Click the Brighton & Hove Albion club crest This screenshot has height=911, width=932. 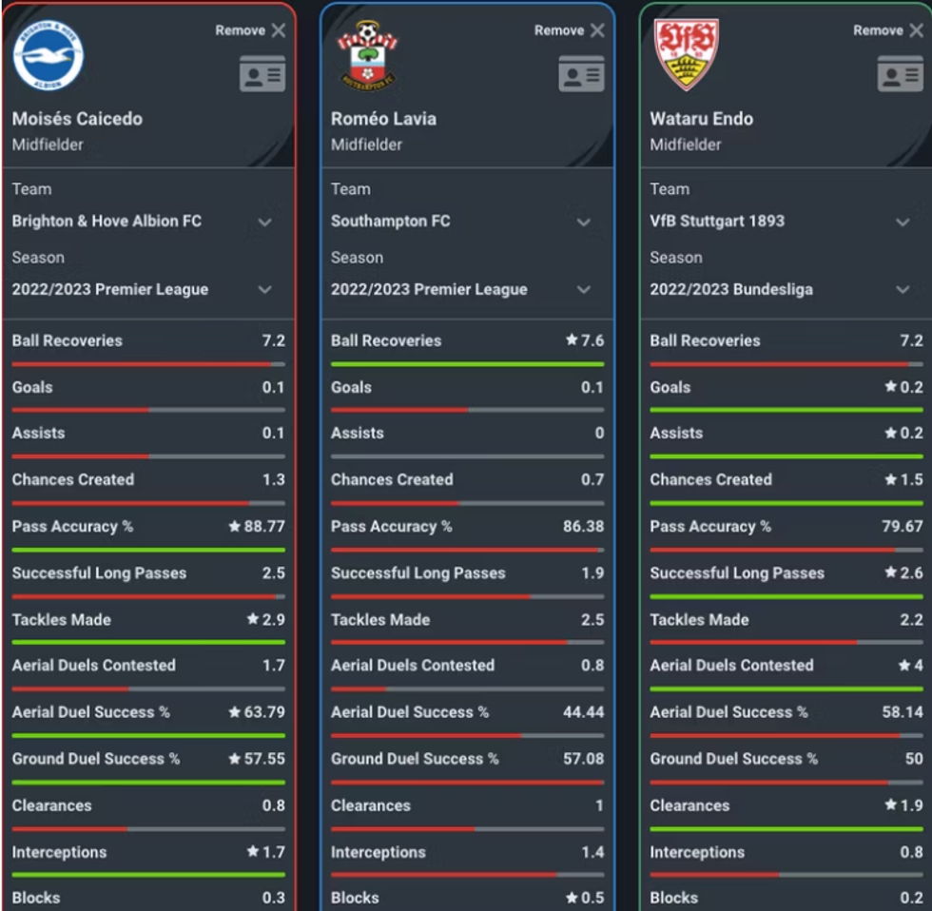pyautogui.click(x=49, y=56)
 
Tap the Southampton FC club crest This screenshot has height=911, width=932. pyautogui.click(x=367, y=56)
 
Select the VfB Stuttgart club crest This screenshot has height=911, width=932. pyautogui.click(x=686, y=54)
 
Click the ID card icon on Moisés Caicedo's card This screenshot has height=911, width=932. pyautogui.click(x=262, y=74)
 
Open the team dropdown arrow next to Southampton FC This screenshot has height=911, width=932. pyautogui.click(x=584, y=222)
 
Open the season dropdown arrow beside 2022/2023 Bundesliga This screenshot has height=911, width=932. pyautogui.click(x=903, y=290)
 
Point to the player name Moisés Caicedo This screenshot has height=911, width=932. pyautogui.click(x=77, y=119)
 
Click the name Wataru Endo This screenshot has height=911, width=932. pyautogui.click(x=701, y=119)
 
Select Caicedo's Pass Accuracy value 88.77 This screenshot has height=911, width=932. pyautogui.click(x=264, y=526)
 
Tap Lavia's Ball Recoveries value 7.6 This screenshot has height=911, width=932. pyautogui.click(x=592, y=340)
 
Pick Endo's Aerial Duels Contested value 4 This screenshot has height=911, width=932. pyautogui.click(x=918, y=665)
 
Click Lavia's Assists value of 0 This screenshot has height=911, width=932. pyautogui.click(x=599, y=433)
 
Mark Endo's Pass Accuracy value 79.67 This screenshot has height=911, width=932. pyautogui.click(x=903, y=526)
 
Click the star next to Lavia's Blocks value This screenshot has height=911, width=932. pyautogui.click(x=572, y=898)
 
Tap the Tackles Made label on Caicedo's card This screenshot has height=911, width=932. pyautogui.click(x=61, y=619)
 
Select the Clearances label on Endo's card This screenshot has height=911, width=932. pyautogui.click(x=689, y=805)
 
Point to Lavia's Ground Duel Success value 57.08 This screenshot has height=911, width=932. pyautogui.click(x=583, y=758)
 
